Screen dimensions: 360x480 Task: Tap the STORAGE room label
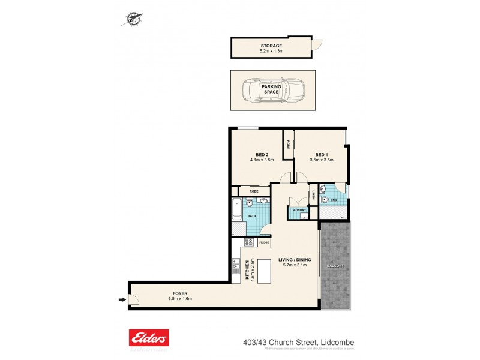[271, 46]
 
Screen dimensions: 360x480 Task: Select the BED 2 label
[262, 154]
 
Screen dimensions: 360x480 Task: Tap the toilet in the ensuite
[325, 200]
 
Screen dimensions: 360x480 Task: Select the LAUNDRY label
[298, 210]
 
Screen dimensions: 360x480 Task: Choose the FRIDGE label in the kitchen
[264, 242]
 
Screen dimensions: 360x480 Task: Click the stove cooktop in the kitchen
[248, 242]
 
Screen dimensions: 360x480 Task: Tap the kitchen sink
[235, 265]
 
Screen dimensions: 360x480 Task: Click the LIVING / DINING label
[295, 260]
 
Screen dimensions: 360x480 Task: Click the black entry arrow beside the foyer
[122, 300]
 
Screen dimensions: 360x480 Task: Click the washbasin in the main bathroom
[249, 203]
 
